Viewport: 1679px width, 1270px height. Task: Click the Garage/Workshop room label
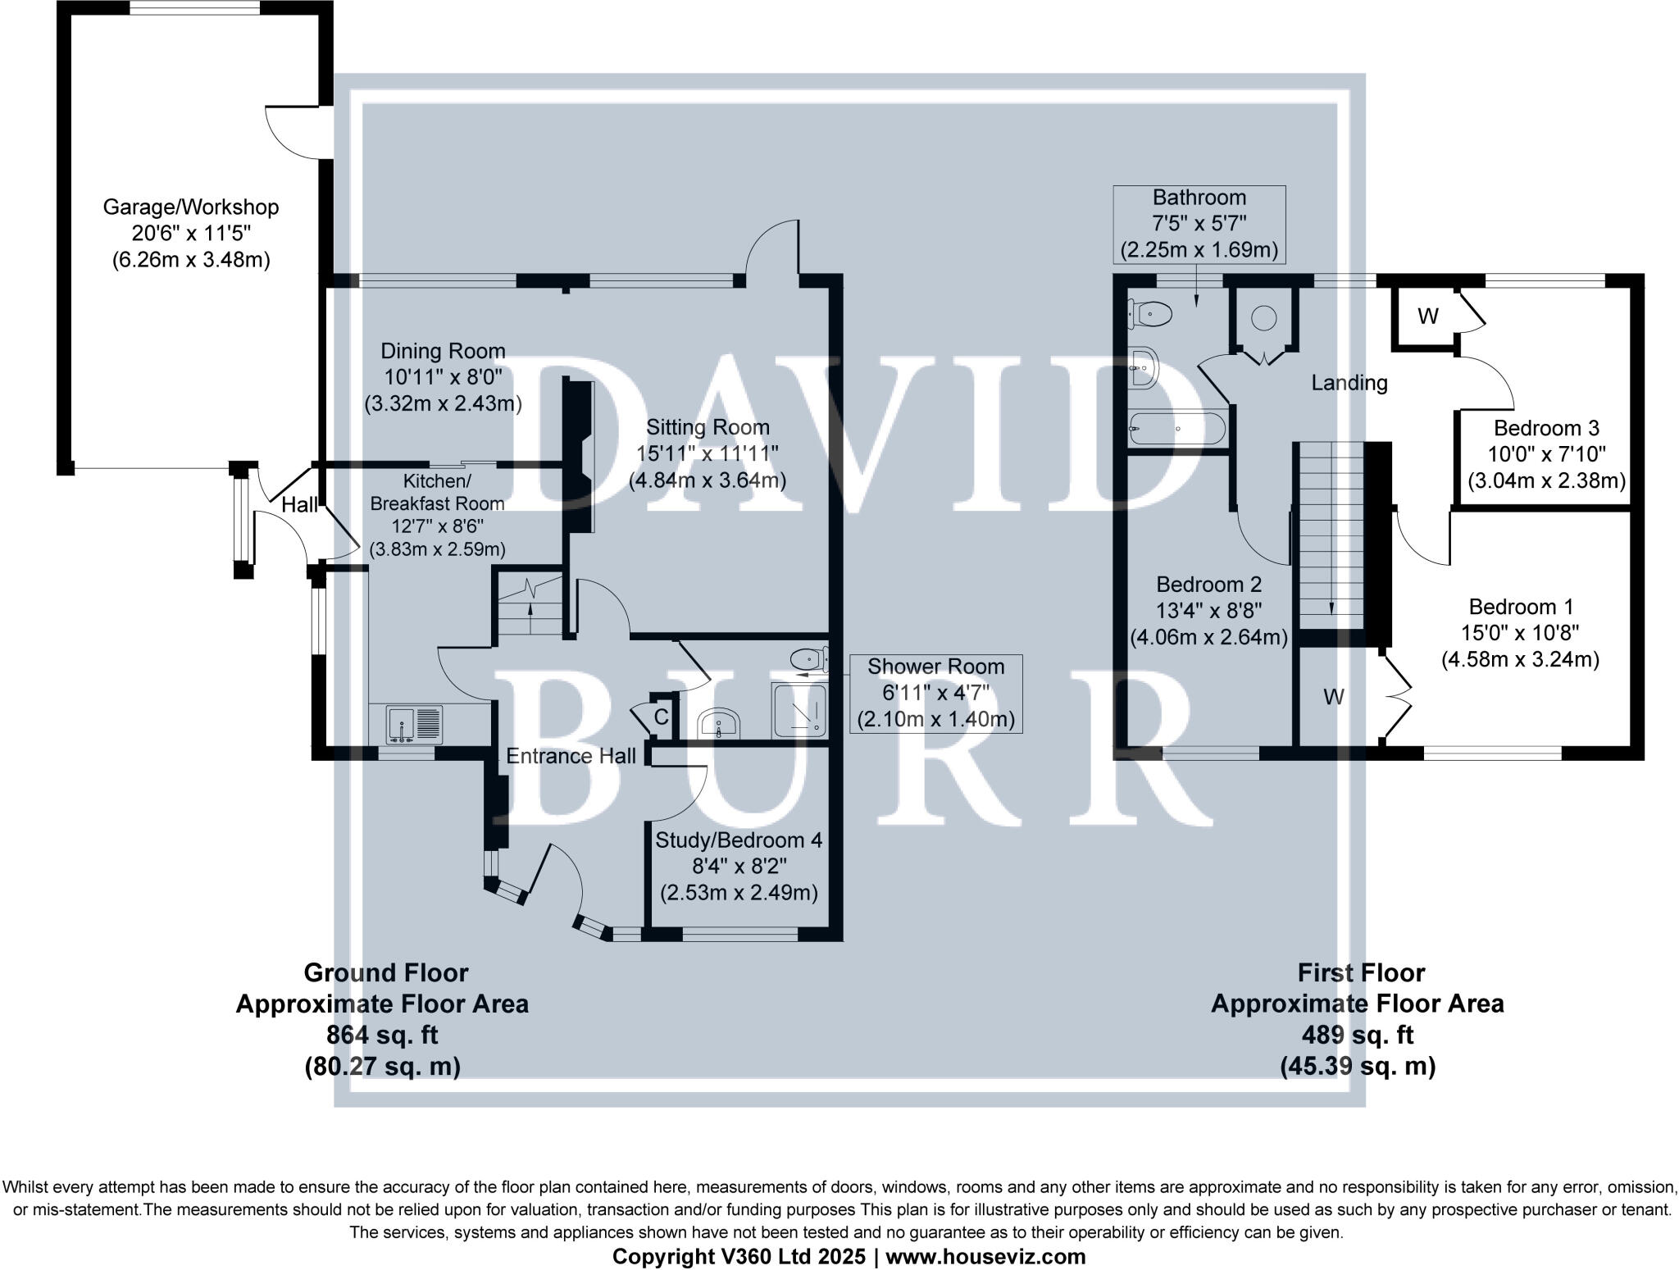[x=190, y=207]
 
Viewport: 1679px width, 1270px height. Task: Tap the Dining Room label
[x=443, y=352]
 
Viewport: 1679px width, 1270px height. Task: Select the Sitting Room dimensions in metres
[x=707, y=480]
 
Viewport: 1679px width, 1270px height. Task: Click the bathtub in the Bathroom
[x=1177, y=428]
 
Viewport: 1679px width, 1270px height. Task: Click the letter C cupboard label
[x=661, y=717]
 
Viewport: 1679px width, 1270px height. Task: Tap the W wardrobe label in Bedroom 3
[x=1427, y=316]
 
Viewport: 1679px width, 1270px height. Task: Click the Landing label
[x=1349, y=383]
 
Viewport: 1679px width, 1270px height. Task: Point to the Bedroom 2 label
[x=1208, y=585]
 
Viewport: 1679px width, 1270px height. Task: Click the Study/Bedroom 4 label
[x=739, y=840]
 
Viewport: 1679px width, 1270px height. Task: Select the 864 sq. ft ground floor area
[x=382, y=1036]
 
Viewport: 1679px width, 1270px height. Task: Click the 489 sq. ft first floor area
[x=1358, y=1036]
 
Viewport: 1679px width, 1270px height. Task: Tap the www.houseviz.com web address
[x=985, y=1256]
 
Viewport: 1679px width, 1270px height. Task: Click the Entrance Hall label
[x=571, y=756]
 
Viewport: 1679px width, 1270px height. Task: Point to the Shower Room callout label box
[x=935, y=694]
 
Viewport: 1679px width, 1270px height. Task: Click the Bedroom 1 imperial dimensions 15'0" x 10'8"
[x=1521, y=633]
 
